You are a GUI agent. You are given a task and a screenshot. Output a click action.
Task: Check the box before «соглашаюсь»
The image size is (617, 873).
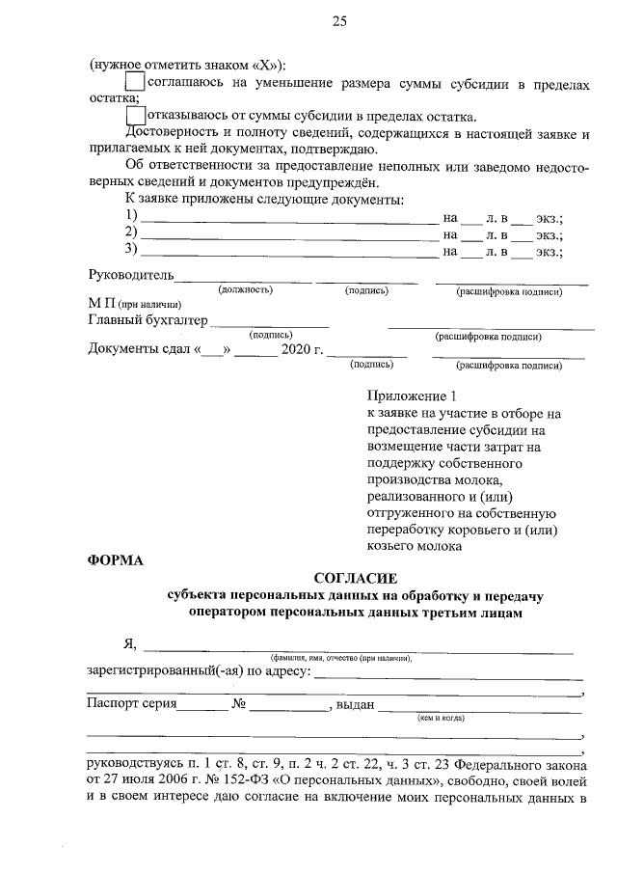(x=136, y=84)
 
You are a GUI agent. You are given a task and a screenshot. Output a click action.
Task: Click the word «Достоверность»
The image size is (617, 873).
(x=174, y=132)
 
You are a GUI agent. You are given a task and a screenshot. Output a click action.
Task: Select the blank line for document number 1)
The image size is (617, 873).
(x=289, y=220)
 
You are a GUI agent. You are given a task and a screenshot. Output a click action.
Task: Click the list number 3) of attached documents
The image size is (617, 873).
(x=132, y=251)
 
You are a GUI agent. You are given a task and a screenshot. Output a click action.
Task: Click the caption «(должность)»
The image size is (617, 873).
(x=245, y=289)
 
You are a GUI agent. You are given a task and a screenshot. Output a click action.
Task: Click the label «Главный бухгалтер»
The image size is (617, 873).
(x=148, y=320)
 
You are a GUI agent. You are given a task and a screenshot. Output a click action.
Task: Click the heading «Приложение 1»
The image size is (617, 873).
(x=410, y=396)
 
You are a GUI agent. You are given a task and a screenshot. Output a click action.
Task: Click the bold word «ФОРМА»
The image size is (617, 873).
(x=115, y=560)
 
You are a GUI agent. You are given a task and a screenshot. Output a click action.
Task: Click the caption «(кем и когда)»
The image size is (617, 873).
(x=441, y=719)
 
